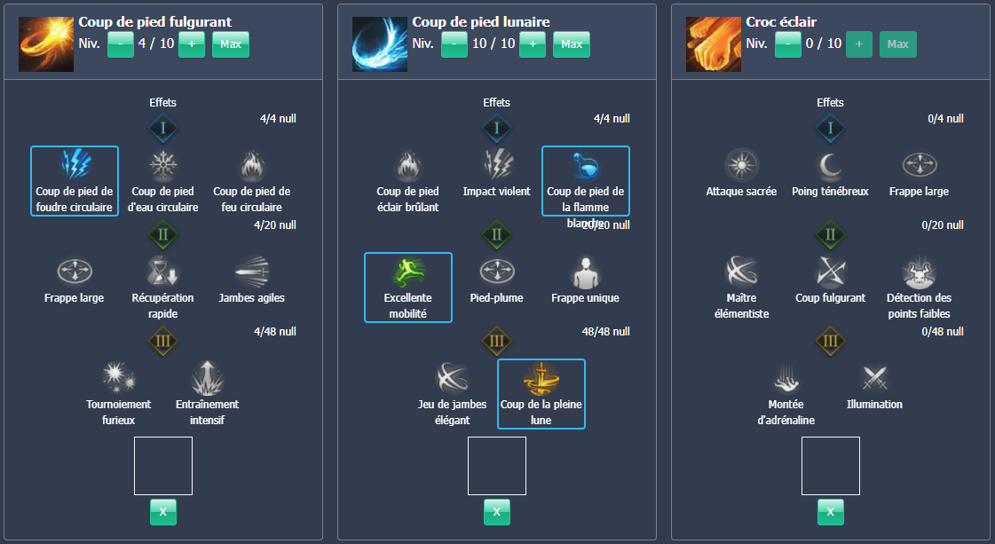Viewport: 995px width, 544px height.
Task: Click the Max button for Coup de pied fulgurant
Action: coord(231,44)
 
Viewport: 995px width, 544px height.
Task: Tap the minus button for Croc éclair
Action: coord(788,44)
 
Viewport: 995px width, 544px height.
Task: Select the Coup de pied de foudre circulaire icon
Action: coord(75,165)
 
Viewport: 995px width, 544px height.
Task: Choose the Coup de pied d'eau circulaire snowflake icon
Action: coord(162,165)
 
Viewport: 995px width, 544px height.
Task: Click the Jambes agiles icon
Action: coord(251,272)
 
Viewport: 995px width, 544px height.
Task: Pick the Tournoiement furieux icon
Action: coord(118,377)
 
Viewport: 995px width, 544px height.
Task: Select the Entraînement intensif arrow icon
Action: coord(207,377)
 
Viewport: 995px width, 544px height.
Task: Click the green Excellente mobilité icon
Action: coord(408,272)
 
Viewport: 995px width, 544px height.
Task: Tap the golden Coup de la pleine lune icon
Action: coord(541,377)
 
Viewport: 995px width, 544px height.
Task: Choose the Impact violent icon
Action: coord(496,165)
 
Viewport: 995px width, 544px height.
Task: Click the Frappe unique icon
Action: coord(585,272)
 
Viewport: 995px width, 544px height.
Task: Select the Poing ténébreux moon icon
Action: coord(830,165)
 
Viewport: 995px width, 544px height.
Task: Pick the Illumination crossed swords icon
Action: coord(874,378)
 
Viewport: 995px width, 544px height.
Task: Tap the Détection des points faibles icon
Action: coord(919,272)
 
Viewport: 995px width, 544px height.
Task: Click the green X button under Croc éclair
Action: coord(830,512)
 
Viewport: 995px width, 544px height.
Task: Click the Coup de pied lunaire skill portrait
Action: coord(380,43)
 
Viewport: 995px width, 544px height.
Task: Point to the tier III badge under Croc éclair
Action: coord(830,341)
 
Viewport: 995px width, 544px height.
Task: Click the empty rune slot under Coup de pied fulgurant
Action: coord(163,466)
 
